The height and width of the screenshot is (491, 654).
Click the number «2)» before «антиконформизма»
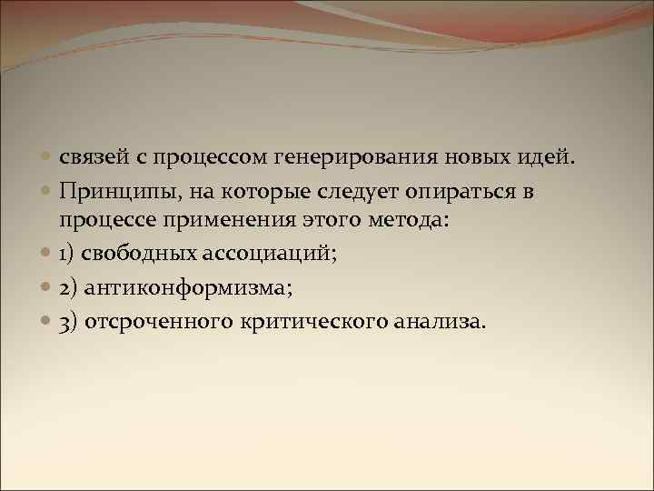70,288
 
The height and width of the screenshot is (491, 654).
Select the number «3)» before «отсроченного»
70,322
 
